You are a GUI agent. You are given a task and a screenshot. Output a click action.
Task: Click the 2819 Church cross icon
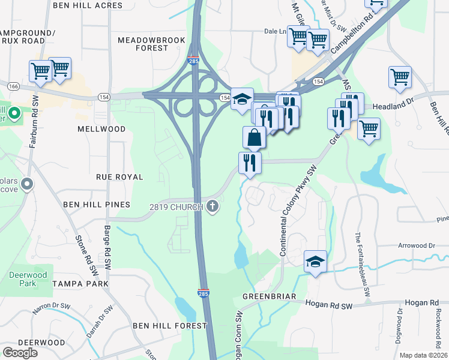[x=212, y=207]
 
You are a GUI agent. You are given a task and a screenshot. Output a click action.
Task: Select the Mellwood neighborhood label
[x=101, y=129]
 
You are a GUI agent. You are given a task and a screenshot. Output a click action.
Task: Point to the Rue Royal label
[x=120, y=177]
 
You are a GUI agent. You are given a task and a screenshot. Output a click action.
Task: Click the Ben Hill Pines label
[x=97, y=205]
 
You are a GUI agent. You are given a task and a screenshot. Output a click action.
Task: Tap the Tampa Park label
[x=80, y=283]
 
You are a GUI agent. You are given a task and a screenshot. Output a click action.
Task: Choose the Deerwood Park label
[x=23, y=279]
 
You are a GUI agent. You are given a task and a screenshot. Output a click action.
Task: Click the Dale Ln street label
[x=274, y=31]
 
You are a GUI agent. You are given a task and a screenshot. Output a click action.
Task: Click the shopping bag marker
[x=255, y=137]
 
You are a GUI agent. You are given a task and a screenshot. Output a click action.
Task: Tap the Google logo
[x=20, y=353]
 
